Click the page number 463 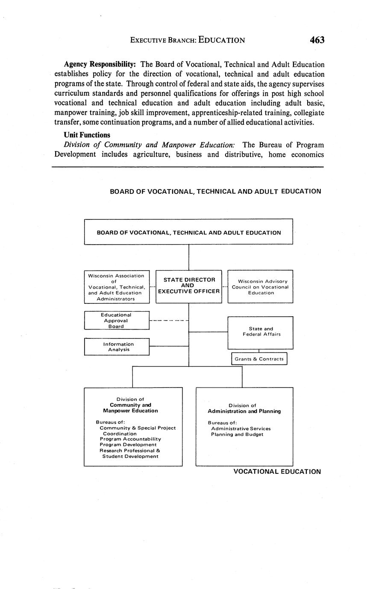click(x=317, y=40)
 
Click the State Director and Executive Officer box click(x=188, y=286)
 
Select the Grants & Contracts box click(x=259, y=359)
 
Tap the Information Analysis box click(x=117, y=347)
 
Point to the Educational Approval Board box click(x=117, y=320)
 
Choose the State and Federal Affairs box click(x=260, y=332)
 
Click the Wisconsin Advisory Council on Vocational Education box click(x=260, y=287)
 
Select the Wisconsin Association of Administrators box click(x=117, y=287)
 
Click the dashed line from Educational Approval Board click(x=169, y=320)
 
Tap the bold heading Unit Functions click(x=87, y=135)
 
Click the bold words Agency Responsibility click(x=100, y=64)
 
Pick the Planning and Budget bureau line click(x=237, y=434)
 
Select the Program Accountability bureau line click(x=130, y=439)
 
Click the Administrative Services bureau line click(x=241, y=429)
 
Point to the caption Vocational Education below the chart click(x=277, y=472)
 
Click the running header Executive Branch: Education click(x=188, y=41)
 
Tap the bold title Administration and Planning click(x=244, y=411)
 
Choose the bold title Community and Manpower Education click(x=130, y=408)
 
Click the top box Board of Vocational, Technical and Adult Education click(x=188, y=233)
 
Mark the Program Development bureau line click(x=128, y=445)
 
